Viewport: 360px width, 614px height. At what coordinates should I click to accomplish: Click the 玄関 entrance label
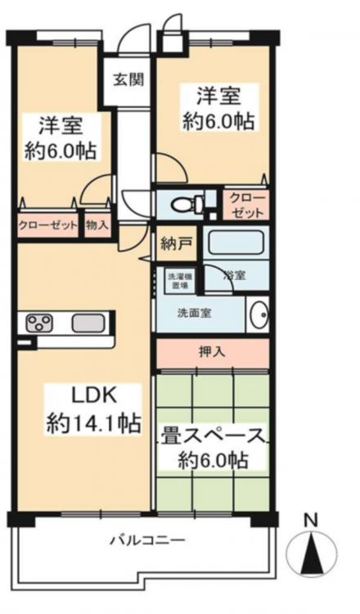pos(128,80)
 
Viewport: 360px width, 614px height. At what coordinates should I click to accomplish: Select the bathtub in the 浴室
pos(234,242)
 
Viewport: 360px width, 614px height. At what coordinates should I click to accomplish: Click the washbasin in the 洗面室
pos(259,314)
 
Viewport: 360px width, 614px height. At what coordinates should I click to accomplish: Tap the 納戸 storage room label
pos(176,244)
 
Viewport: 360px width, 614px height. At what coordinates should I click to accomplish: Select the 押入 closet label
pos(213,352)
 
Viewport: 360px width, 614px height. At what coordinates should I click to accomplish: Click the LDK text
pos(92,397)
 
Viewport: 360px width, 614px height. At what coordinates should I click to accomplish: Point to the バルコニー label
pos(146,541)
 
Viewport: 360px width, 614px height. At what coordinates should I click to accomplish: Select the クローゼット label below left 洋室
pos(47,226)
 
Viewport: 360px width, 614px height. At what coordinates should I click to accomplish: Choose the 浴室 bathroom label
pos(235,275)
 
